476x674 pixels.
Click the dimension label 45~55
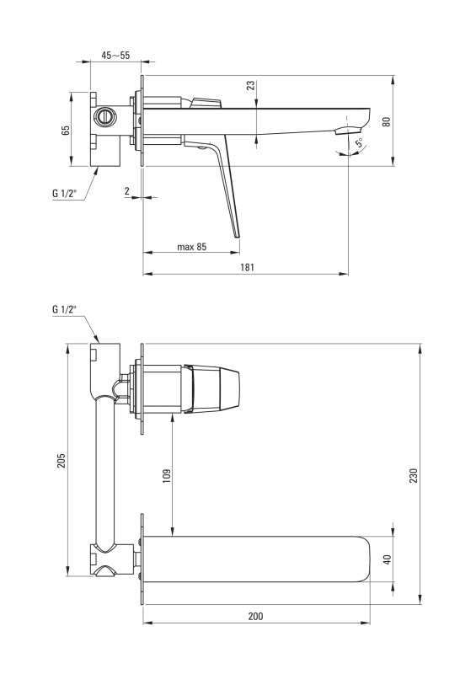coord(115,55)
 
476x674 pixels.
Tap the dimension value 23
coord(251,85)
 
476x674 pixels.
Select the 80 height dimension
coord(387,121)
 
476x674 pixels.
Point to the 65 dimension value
coord(66,131)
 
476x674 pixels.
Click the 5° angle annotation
coord(359,142)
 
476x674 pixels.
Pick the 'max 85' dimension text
coord(192,247)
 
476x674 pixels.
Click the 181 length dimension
coord(247,267)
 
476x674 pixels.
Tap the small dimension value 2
coord(127,191)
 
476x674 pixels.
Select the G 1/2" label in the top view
coord(65,194)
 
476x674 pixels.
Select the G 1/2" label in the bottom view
coord(65,308)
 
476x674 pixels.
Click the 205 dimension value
coord(62,460)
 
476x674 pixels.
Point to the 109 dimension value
coord(167,475)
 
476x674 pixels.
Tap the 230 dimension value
coord(413,475)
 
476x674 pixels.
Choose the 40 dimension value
coord(388,559)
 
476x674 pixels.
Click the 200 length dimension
coord(255,616)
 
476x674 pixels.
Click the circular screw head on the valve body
coord(105,116)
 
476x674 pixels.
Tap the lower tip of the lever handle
coord(237,238)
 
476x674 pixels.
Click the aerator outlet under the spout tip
coord(348,130)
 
